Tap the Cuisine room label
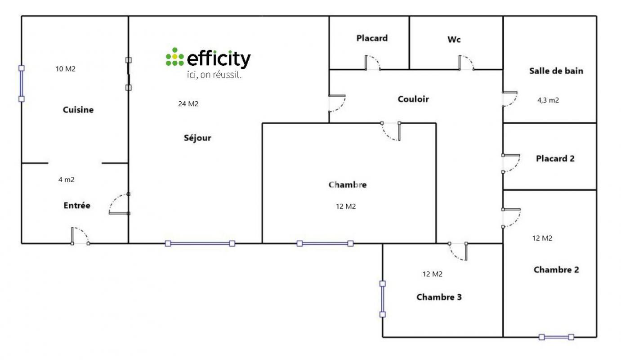78,110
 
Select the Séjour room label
197,138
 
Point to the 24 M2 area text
188,103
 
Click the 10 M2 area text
66,69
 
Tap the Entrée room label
77,206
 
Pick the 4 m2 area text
67,180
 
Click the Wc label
454,40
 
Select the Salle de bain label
556,71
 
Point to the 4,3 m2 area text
548,100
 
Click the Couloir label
413,99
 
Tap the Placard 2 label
555,158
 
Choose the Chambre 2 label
556,270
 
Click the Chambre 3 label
439,297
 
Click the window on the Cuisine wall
21,84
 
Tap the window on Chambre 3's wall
383,299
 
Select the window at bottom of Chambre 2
556,337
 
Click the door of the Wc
466,63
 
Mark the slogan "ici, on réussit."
214,75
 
